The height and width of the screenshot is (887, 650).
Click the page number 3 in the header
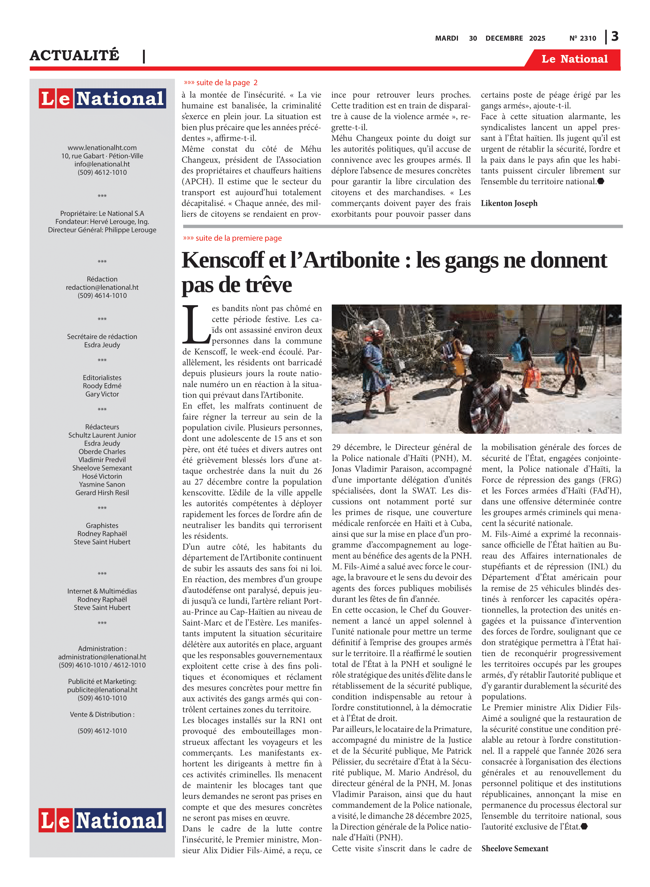point(615,37)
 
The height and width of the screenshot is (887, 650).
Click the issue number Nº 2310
point(582,38)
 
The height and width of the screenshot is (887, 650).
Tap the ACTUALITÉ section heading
point(74,55)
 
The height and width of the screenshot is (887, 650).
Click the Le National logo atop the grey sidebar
point(102,98)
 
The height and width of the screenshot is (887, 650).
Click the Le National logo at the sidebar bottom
point(102,820)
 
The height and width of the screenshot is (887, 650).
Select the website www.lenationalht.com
point(102,148)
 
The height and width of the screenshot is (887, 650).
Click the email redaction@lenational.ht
point(102,287)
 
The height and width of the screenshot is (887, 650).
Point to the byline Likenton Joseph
point(509,203)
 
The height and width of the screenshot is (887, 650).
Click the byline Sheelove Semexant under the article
point(515,849)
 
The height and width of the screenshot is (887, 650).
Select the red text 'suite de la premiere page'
point(238,238)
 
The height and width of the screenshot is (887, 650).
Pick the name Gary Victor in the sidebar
point(102,394)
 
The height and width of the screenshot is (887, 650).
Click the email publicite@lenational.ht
point(102,690)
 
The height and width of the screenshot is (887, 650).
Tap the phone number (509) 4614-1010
point(102,296)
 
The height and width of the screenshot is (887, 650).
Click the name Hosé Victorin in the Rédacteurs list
point(102,476)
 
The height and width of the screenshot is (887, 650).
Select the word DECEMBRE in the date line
point(504,38)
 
